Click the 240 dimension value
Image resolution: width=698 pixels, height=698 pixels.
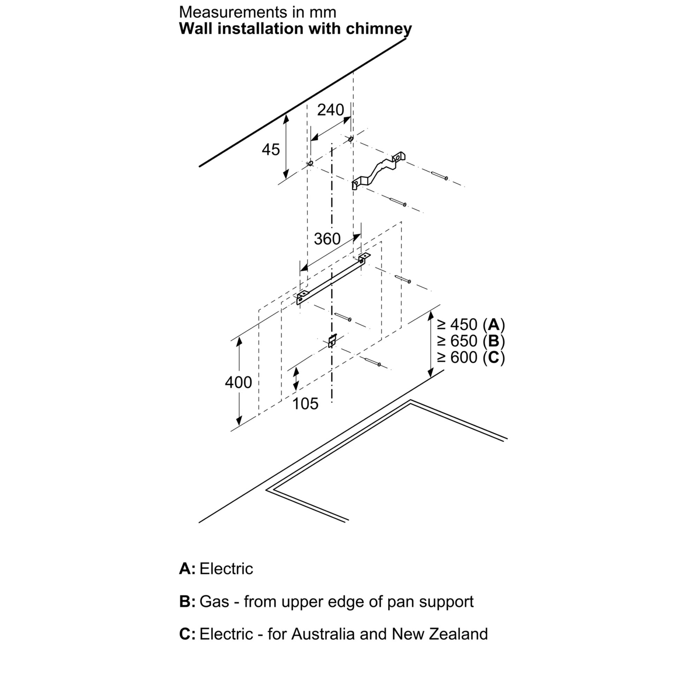[x=330, y=110]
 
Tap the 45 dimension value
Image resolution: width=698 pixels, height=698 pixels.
[x=271, y=149]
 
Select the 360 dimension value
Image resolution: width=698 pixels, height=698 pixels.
[x=327, y=239]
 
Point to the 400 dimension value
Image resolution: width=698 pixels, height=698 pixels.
[x=238, y=382]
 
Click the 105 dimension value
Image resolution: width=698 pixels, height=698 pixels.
[x=305, y=404]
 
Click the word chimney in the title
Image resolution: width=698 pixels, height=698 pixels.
[x=378, y=29]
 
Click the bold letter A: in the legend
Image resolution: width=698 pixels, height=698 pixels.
[x=187, y=569]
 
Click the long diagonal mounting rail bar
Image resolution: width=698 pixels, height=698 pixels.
[x=332, y=279]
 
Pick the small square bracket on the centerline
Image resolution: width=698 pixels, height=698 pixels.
[x=332, y=341]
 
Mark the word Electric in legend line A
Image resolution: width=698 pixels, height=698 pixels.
[x=226, y=569]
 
